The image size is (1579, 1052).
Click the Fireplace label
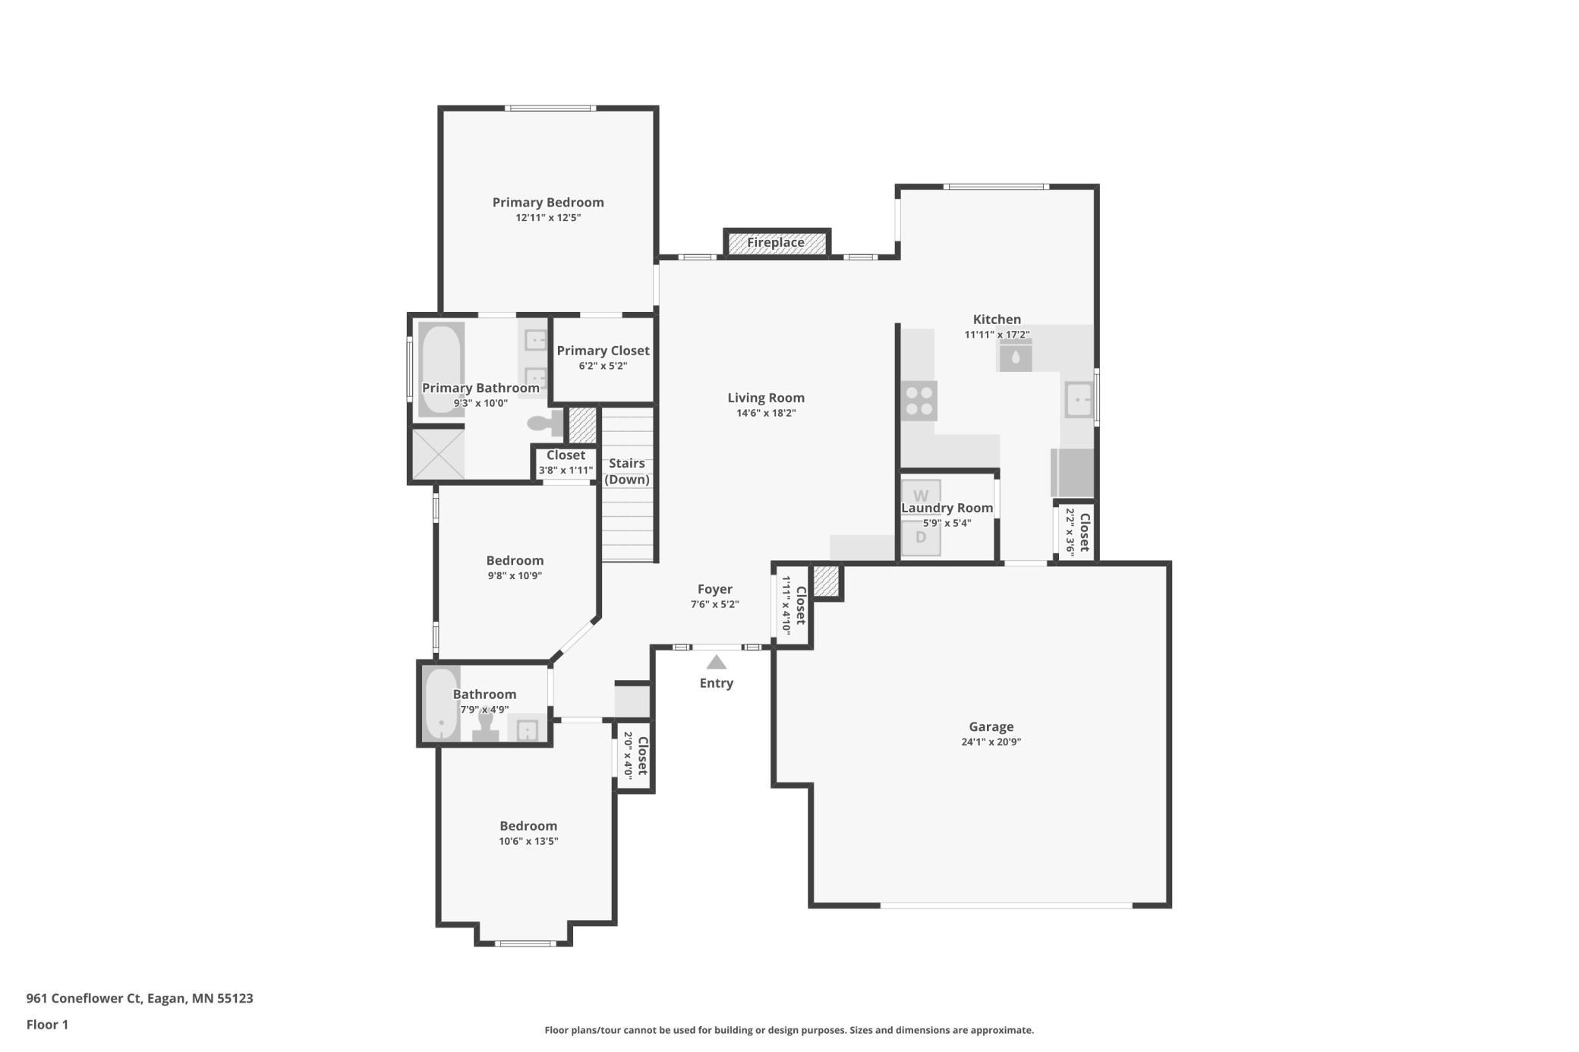(775, 243)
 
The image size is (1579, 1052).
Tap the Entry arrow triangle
(716, 663)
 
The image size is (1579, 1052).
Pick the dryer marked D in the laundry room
(921, 538)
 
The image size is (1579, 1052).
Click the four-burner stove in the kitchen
(919, 401)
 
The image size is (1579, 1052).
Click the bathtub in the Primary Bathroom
(441, 370)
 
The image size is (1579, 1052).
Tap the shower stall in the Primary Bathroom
(438, 454)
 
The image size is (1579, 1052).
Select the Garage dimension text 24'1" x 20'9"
(991, 742)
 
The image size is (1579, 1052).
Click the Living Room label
(766, 398)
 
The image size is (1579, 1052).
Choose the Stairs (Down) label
(627, 471)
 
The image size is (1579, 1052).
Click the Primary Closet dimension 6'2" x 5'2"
(603, 366)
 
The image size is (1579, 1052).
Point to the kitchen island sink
(1016, 356)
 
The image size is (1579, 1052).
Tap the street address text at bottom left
(140, 999)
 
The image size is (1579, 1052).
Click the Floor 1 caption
(47, 1025)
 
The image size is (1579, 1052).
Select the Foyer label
(715, 589)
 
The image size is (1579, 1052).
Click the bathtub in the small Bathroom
(441, 704)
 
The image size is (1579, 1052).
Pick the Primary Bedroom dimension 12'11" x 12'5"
(548, 218)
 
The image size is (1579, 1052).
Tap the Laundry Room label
(947, 509)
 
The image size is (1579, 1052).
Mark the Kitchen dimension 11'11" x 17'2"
(997, 335)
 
